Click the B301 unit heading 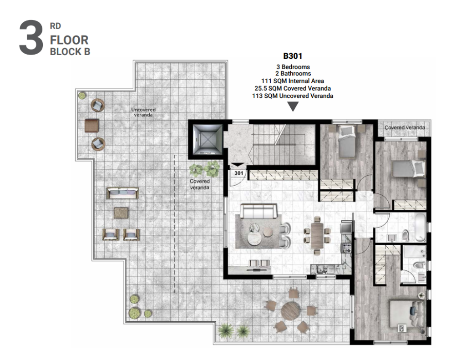(293, 56)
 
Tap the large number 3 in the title (31, 38)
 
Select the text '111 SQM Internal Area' (293, 81)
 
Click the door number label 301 (238, 173)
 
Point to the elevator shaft (207, 139)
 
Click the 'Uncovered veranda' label (143, 112)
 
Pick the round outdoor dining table (291, 311)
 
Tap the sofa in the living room (259, 211)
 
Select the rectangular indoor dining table (317, 235)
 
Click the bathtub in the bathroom (420, 228)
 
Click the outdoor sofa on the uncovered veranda (122, 193)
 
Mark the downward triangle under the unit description (293, 106)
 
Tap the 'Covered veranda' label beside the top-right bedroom (405, 127)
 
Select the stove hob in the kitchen (346, 248)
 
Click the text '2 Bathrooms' (293, 73)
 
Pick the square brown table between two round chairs (91, 126)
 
